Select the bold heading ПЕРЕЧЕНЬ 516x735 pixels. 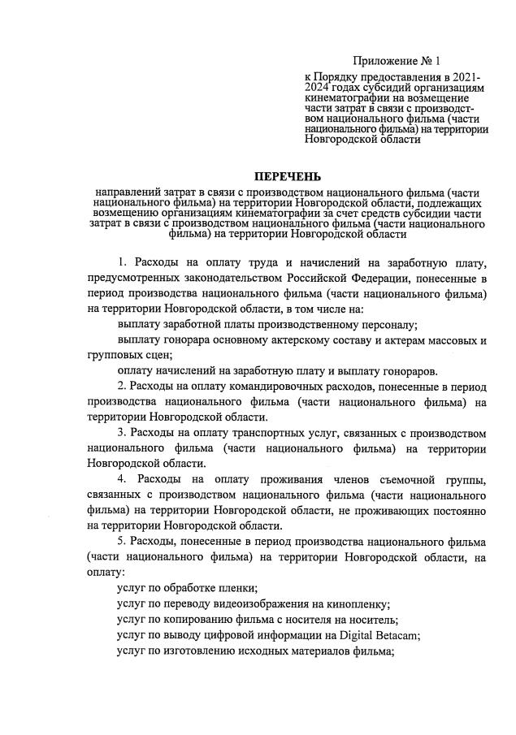tap(288, 176)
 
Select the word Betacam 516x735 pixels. tap(394, 635)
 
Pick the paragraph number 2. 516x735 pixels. tap(121, 386)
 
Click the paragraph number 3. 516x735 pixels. tap(121, 433)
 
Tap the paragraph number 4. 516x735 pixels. tap(121, 480)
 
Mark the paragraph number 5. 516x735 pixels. tap(121, 542)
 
